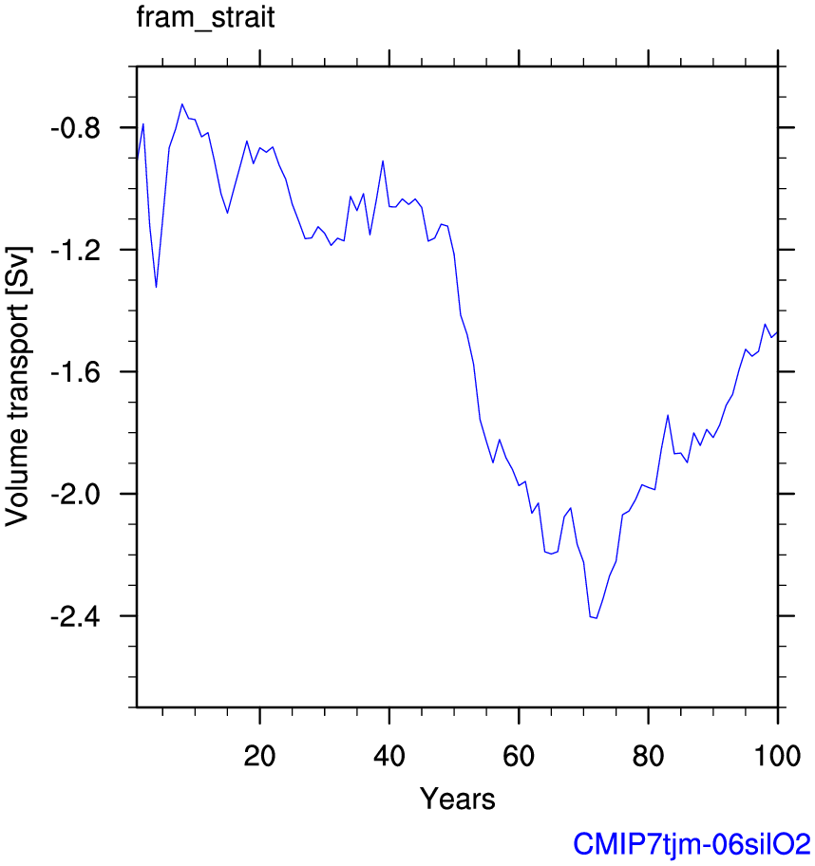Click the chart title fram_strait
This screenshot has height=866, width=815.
point(206,18)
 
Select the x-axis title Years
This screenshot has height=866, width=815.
point(457,799)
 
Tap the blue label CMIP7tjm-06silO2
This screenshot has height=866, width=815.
point(692,843)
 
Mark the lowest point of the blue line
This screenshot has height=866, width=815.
point(596,618)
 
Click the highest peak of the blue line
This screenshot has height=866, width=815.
point(181,104)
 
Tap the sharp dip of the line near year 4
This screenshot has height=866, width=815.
point(156,287)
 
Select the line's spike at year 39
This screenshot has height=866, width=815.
point(383,160)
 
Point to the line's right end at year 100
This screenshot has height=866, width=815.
point(778,331)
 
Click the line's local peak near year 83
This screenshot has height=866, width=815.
point(668,415)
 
